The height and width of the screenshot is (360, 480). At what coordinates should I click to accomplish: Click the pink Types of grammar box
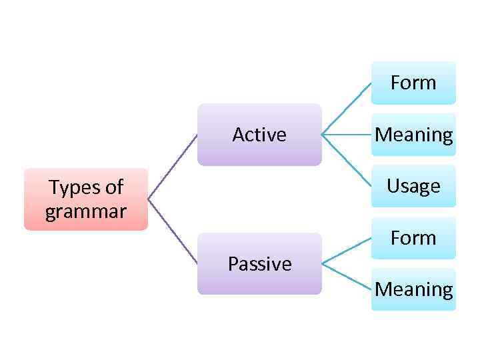coord(85,199)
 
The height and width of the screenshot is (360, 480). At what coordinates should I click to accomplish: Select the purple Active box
coord(259,135)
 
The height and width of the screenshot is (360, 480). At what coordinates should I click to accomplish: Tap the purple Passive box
coord(259,264)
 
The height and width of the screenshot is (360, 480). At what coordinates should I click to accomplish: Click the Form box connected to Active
coord(413,83)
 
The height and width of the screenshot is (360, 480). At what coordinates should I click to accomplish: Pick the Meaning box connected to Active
coord(413,135)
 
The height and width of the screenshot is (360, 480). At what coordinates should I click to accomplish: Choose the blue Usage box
coord(413,186)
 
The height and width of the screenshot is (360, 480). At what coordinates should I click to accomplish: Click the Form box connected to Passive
coord(413,238)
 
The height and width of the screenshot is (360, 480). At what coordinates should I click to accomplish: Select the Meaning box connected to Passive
coord(413,289)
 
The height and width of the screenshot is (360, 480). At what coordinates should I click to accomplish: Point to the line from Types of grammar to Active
coord(172,167)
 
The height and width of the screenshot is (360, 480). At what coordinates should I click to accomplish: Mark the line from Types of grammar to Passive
coord(172,231)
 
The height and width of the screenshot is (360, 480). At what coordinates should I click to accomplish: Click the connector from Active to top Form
coord(346,109)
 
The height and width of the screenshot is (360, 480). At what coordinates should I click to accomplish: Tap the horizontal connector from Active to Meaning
coord(346,135)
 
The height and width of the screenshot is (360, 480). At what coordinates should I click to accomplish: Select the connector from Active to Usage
coord(346,160)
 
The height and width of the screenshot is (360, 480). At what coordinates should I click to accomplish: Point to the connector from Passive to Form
coord(346,251)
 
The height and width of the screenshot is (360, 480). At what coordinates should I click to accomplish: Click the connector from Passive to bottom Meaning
coord(346,277)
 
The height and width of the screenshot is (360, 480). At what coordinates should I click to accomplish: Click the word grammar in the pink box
coord(85,212)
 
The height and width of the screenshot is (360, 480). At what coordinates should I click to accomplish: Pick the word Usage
coord(413,186)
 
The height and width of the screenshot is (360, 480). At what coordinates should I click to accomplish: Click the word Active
coord(259,135)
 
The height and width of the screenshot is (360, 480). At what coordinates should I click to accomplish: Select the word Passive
coord(259,264)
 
